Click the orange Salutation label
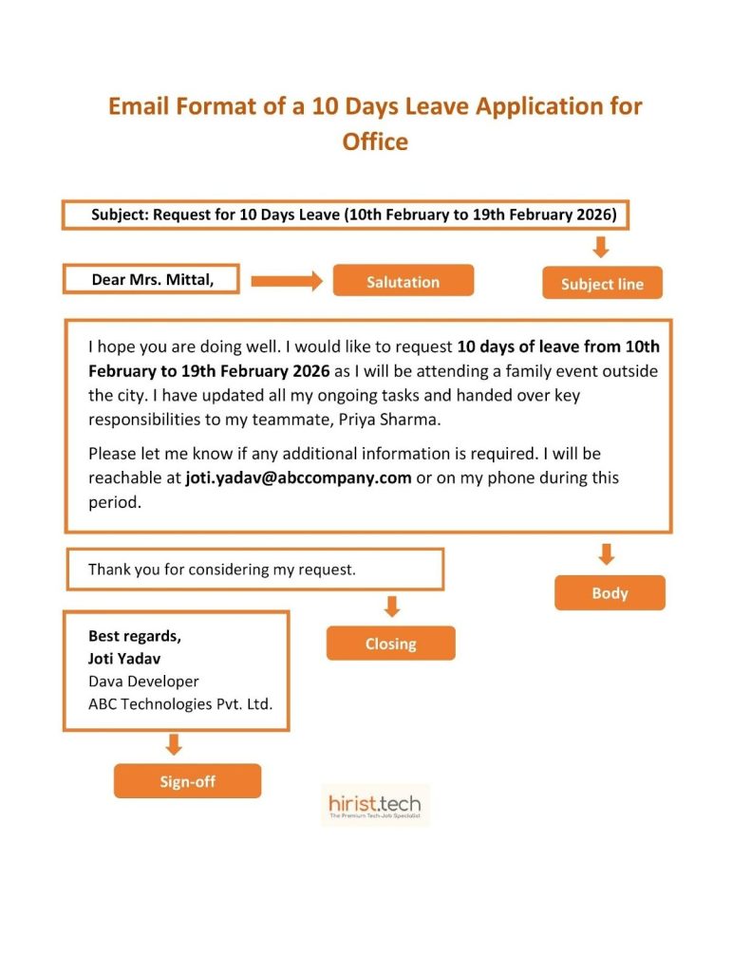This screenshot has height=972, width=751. pos(403,281)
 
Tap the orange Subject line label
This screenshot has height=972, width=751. pos(602,283)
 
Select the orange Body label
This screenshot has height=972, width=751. pos(610,593)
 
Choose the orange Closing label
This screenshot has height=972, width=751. pos(390,644)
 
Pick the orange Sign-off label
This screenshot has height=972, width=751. pos(187,781)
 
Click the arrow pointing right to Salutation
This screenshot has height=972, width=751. pos(287,281)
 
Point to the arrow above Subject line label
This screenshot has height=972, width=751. pos(600,247)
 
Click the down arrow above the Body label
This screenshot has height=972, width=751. pos(607,554)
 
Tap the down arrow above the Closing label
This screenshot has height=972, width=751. pos(391,606)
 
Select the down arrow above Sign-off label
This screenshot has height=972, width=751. pos(173,744)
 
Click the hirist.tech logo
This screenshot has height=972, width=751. pos(374,806)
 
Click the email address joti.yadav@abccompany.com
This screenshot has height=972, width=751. pos(298,477)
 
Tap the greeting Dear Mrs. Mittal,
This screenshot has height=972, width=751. pos(152,280)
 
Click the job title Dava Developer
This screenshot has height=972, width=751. pos(143,681)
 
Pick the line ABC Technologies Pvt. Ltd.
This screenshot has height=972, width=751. pos(179,703)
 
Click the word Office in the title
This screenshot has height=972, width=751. pos(375,141)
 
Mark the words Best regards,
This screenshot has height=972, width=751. pos(134,636)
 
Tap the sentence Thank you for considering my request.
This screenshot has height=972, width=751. pos(221,570)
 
